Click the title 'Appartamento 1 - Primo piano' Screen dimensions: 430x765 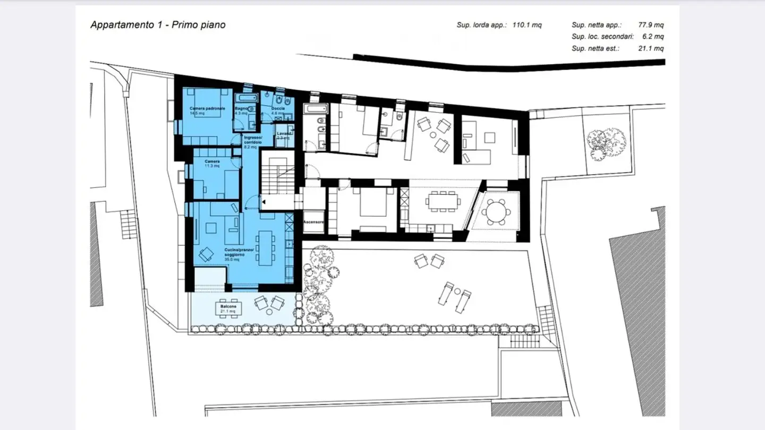tap(158, 25)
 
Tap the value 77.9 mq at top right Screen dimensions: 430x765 tap(651, 25)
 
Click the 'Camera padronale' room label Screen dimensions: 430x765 tap(207, 108)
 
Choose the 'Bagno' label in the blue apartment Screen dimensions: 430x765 tap(242, 108)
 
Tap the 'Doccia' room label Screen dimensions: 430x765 tap(278, 108)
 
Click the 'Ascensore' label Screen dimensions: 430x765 tap(313, 222)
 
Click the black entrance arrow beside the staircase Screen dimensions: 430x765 tap(263, 202)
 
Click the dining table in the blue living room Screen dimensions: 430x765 tap(265, 248)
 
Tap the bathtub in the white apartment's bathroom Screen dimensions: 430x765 tap(316, 109)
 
